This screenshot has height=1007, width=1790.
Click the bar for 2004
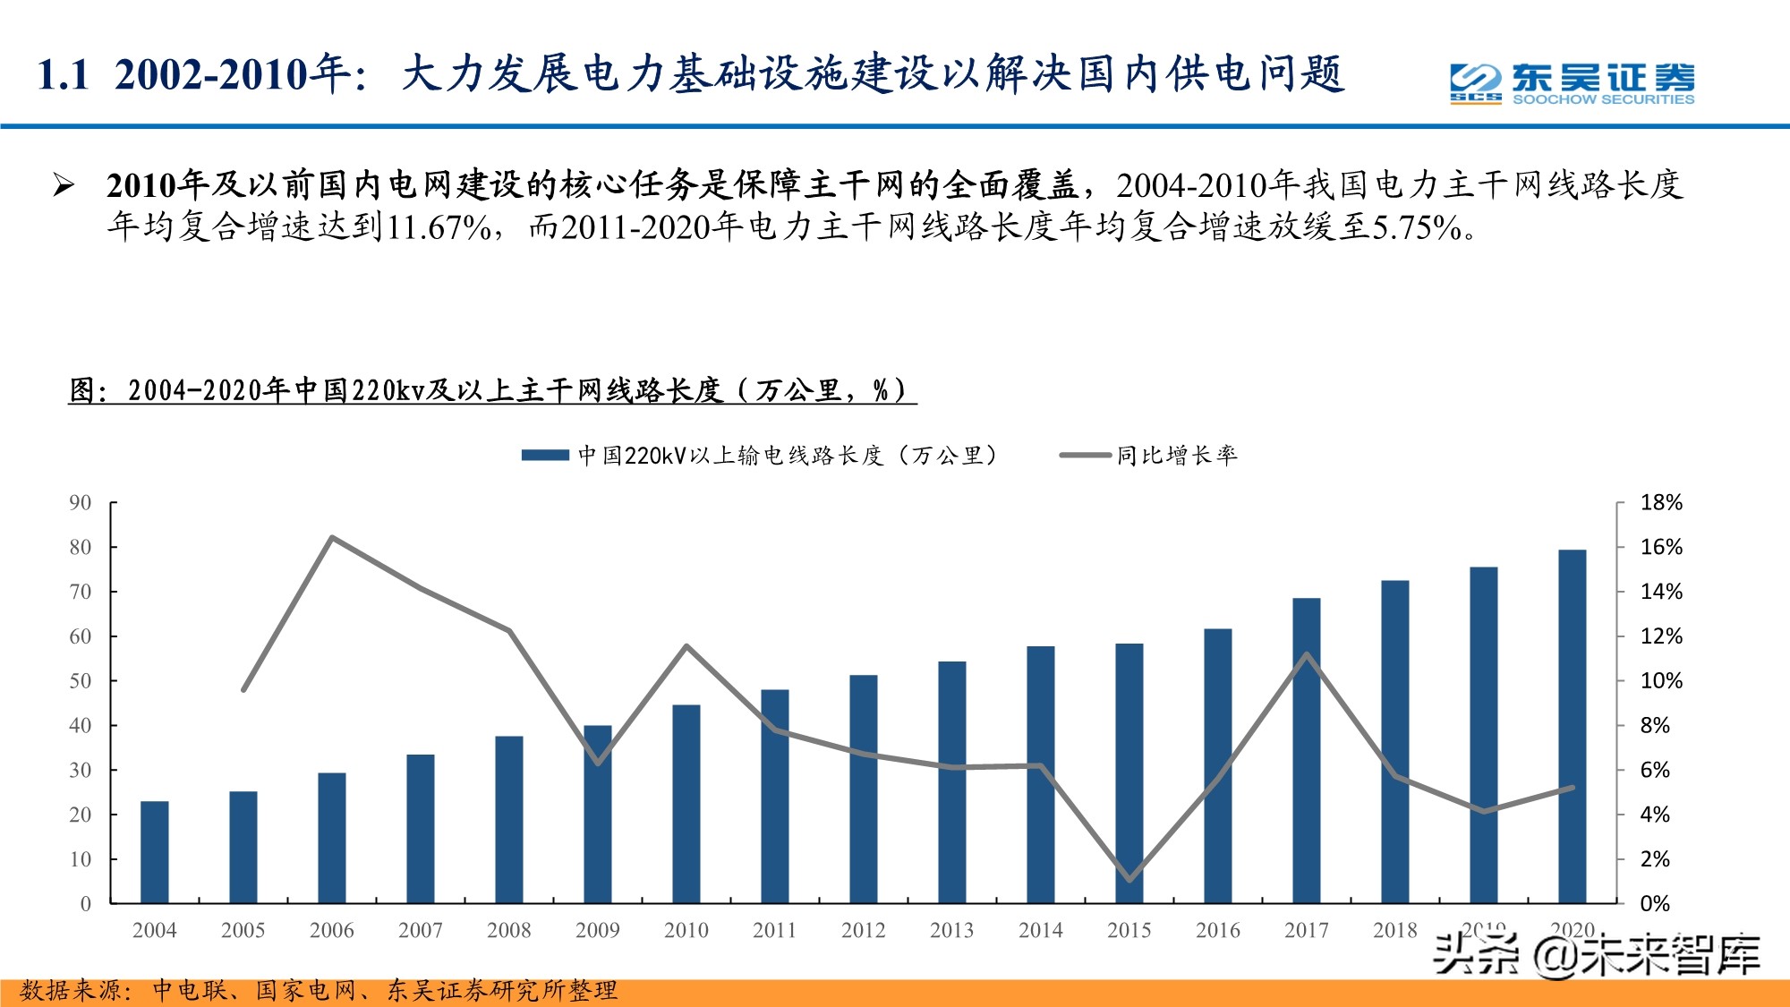(x=155, y=852)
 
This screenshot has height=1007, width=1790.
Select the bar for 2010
(x=686, y=804)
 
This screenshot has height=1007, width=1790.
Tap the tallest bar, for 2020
(x=1573, y=726)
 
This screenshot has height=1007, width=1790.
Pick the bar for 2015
(x=1129, y=773)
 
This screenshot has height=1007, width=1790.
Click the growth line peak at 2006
(x=332, y=538)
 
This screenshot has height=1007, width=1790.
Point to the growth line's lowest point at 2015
(x=1129, y=879)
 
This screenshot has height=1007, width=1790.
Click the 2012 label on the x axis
(x=864, y=931)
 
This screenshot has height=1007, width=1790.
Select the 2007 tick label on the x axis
(x=421, y=931)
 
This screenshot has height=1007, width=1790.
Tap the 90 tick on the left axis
(x=81, y=503)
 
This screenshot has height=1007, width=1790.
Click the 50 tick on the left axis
(x=81, y=681)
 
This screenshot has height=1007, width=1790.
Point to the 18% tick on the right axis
(x=1660, y=503)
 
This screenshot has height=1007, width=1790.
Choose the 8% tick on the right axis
(x=1655, y=726)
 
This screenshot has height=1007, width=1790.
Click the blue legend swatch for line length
(x=545, y=456)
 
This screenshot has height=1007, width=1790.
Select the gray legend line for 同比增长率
(x=1085, y=456)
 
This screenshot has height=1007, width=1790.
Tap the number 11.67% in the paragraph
(x=439, y=227)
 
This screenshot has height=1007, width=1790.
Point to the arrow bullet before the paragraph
(x=64, y=185)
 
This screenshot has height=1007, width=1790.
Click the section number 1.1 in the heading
(x=64, y=74)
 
